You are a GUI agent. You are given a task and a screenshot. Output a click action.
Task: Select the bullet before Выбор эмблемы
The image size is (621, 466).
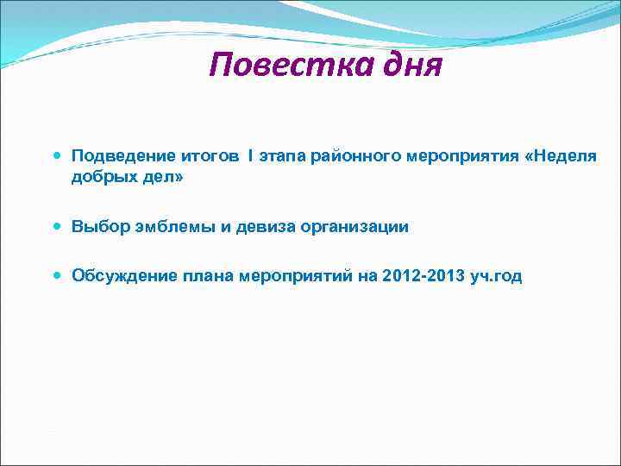57,227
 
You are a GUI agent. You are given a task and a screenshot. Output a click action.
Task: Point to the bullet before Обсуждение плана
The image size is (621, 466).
57,276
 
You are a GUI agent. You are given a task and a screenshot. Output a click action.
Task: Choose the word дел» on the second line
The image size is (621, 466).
164,178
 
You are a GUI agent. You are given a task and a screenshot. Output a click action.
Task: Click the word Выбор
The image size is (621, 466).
100,227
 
